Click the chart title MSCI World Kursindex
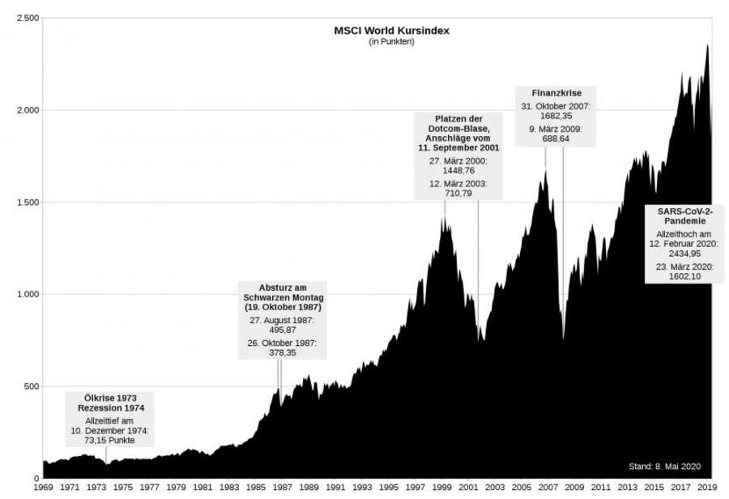click(x=392, y=31)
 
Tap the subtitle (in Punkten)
click(x=392, y=42)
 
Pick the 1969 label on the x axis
click(x=43, y=488)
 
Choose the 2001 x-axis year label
click(x=468, y=488)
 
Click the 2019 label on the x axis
click(x=706, y=488)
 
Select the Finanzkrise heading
click(x=552, y=93)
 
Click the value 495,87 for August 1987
click(x=283, y=331)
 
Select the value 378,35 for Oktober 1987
click(x=283, y=353)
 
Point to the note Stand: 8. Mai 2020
click(x=664, y=467)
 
